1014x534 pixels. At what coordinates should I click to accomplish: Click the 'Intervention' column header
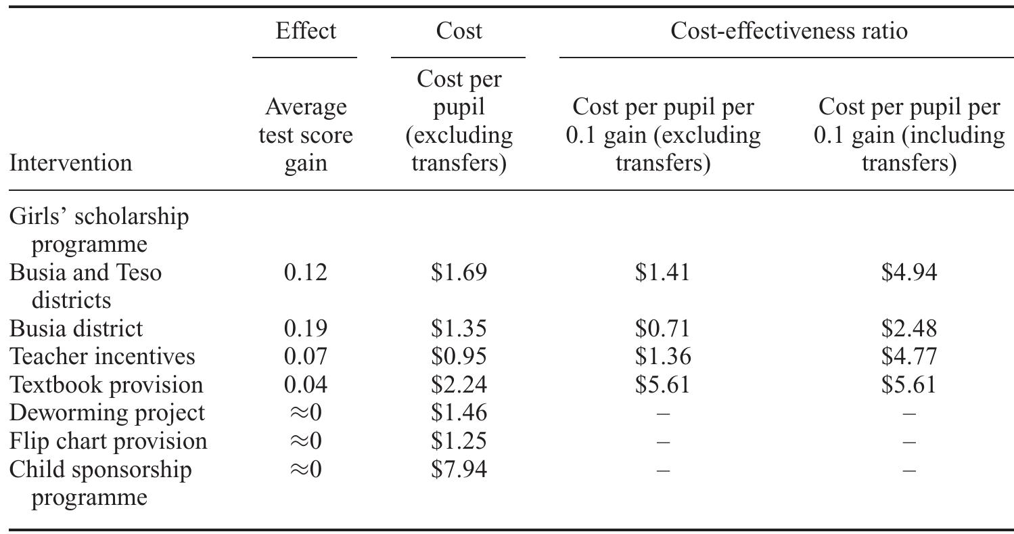tap(70, 163)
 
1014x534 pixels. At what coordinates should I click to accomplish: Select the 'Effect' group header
tap(306, 31)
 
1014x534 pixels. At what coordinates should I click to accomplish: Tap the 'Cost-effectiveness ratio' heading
tap(789, 31)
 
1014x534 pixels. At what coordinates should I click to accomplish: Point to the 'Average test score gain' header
tap(306, 135)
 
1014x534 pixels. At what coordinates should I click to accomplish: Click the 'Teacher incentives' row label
tap(102, 356)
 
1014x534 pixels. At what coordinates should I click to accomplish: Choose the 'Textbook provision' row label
tap(106, 384)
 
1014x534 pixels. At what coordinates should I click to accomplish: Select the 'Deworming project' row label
tap(107, 413)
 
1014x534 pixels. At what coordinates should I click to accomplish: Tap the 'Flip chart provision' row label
tap(108, 441)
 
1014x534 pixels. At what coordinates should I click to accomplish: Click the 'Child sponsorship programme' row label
tap(100, 483)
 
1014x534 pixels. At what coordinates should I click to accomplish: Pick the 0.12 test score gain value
tap(306, 272)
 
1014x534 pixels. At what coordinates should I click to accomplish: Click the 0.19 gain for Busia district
tap(306, 328)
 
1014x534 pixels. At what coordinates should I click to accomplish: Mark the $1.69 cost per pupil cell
tap(459, 272)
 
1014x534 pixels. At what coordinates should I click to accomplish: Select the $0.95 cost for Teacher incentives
tap(459, 356)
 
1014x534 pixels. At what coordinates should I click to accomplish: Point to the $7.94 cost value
tap(459, 469)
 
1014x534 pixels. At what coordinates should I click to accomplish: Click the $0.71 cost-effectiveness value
tap(663, 328)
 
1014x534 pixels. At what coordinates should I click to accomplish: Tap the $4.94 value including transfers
tap(909, 272)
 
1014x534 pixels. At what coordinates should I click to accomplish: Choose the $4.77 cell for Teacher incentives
tap(909, 356)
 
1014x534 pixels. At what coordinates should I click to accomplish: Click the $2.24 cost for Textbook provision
tap(459, 384)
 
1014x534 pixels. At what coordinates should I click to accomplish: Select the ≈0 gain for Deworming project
tap(306, 413)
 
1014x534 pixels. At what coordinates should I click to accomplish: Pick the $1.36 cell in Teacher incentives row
tap(663, 356)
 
